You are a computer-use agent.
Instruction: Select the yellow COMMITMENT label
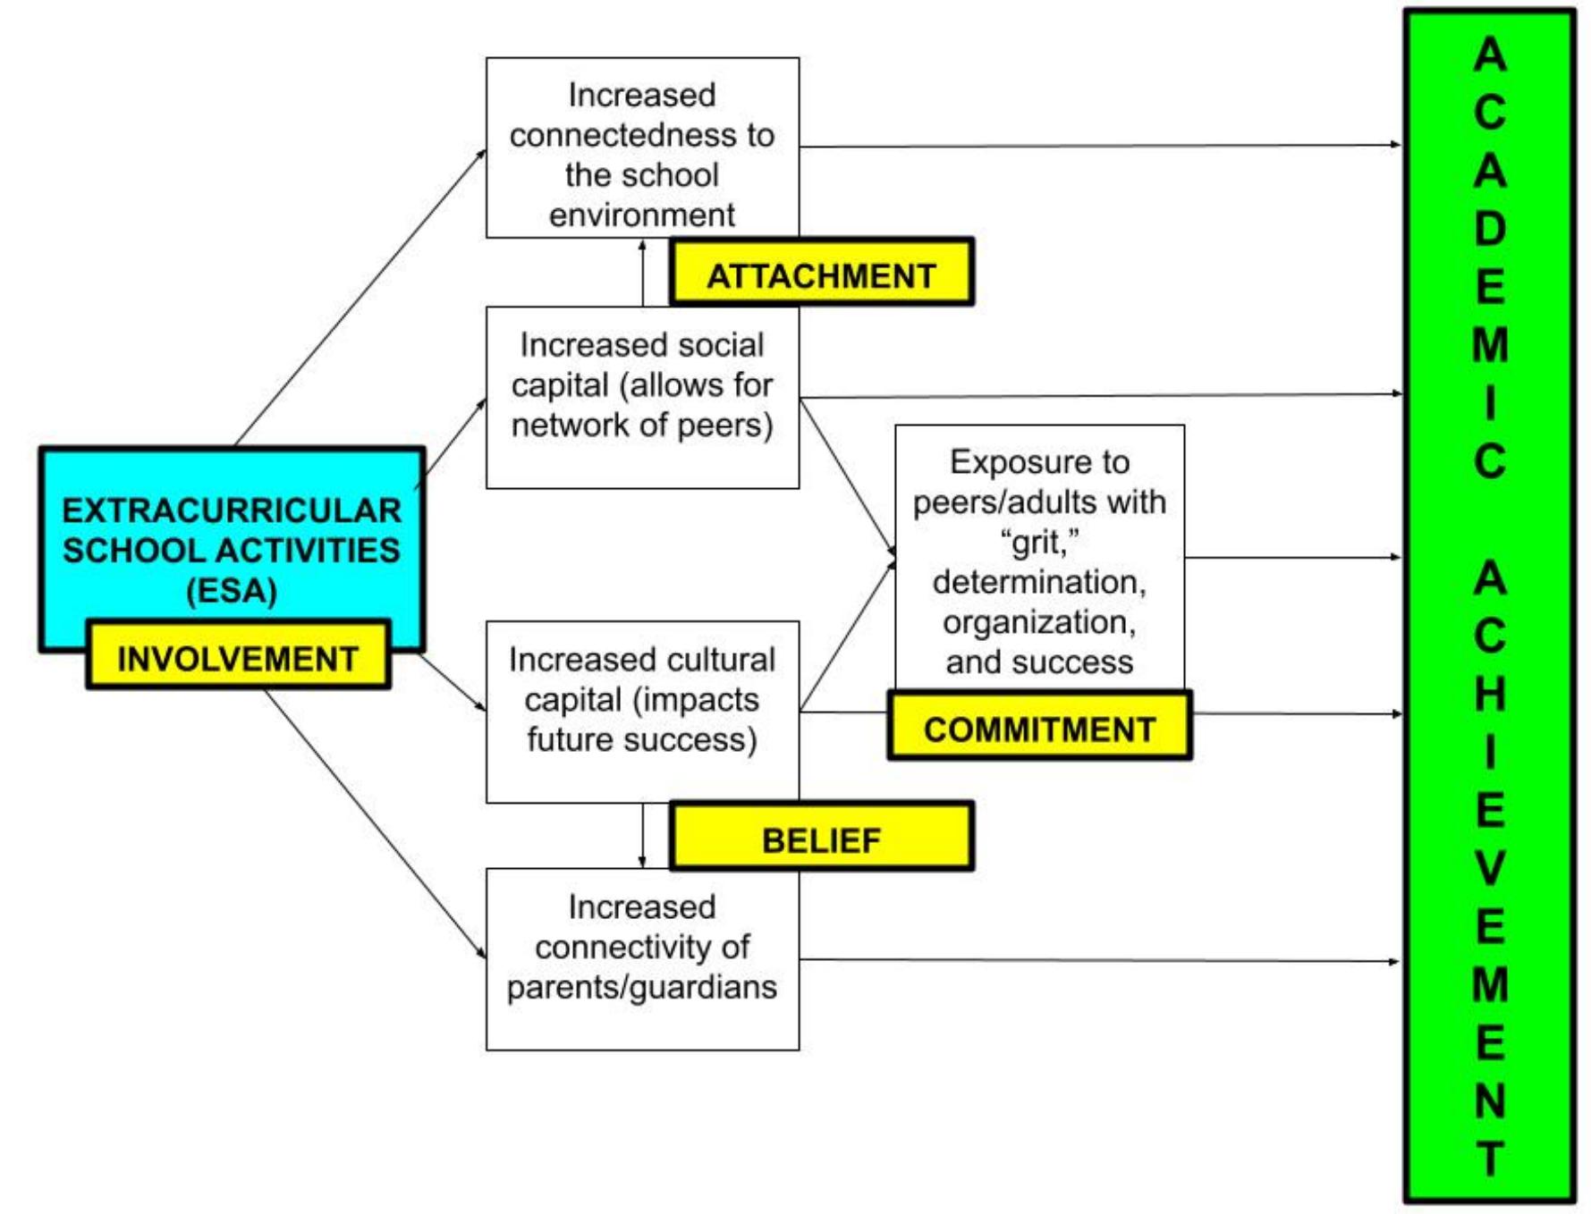1039,728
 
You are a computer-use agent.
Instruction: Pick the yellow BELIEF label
820,839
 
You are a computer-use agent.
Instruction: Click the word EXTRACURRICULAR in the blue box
232,510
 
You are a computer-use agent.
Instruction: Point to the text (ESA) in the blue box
232,591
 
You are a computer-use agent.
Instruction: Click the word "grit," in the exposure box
1039,542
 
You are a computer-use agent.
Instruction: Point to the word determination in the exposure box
1039,582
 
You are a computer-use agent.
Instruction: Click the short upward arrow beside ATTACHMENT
642,273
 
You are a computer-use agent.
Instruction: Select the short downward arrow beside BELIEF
642,836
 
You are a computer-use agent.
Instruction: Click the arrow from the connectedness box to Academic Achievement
1100,145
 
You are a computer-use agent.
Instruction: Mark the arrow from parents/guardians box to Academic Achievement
1100,960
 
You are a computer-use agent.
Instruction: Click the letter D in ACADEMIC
1489,229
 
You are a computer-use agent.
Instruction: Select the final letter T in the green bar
1489,1159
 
